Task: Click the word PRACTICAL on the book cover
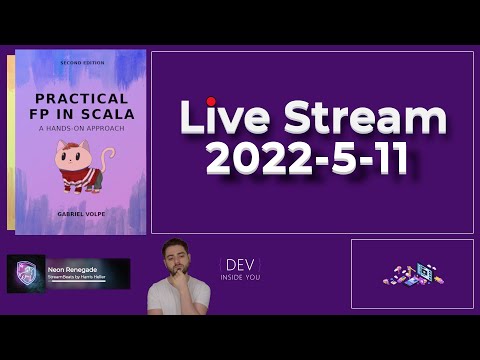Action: click(82, 99)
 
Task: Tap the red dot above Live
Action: click(211, 101)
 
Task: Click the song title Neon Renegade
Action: click(71, 268)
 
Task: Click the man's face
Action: click(178, 261)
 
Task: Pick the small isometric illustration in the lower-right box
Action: click(412, 274)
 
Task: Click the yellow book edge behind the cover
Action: click(10, 140)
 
